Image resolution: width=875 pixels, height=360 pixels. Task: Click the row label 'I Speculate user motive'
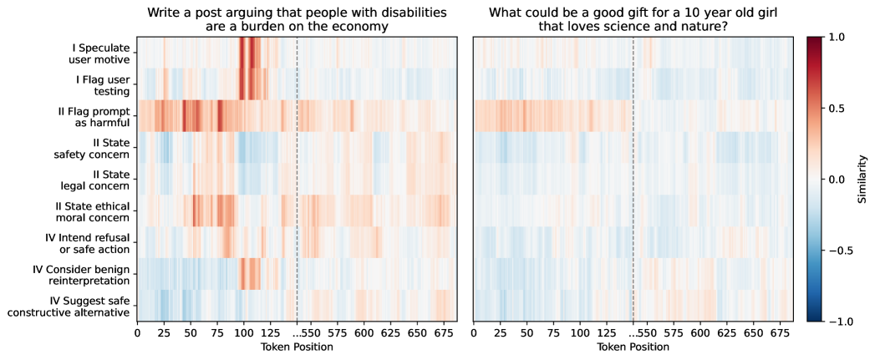99,53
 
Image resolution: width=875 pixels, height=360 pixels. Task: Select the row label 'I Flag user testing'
102,84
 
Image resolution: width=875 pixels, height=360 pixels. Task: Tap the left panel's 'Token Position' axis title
297,347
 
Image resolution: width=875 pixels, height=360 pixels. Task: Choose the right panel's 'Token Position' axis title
633,347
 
